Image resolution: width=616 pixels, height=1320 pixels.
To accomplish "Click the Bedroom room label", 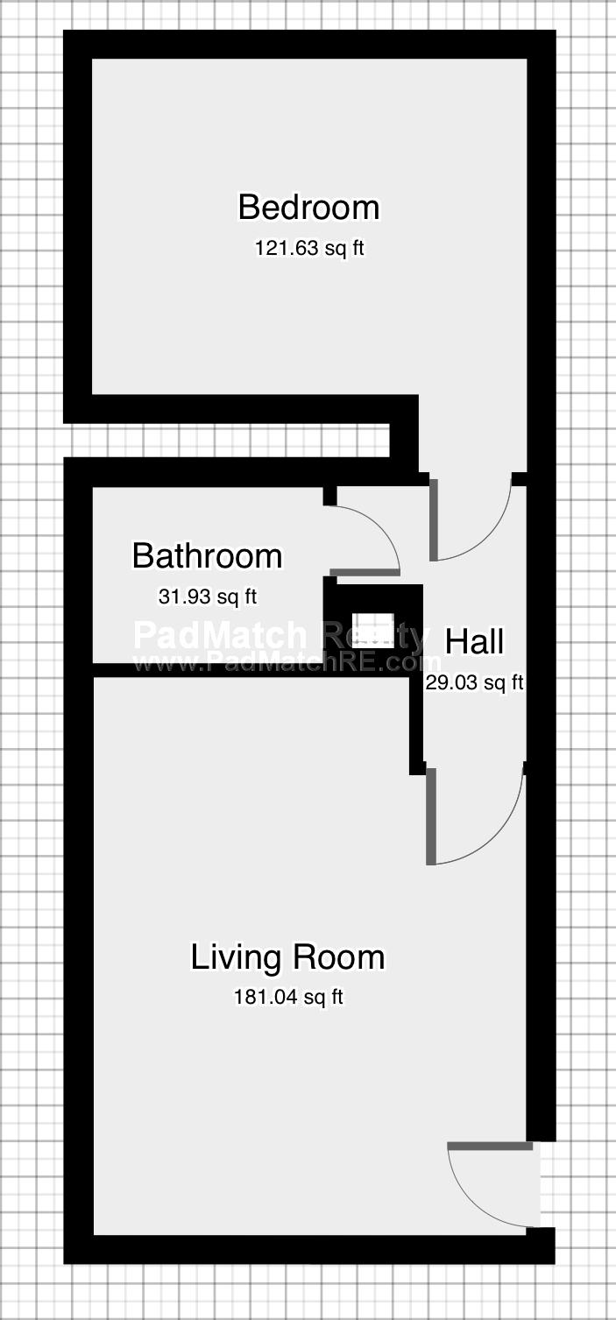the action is click(308, 208).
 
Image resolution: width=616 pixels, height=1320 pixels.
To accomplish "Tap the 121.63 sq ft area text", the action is click(309, 248).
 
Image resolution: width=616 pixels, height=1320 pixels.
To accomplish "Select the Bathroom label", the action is click(207, 555).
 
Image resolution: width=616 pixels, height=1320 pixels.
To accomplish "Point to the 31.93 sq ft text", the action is click(208, 596).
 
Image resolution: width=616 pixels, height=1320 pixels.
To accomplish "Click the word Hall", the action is click(474, 641).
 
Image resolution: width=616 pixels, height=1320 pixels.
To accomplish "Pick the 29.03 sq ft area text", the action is click(475, 682).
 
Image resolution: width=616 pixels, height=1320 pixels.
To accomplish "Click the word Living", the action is click(235, 957).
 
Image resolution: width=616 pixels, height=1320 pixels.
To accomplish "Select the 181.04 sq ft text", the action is click(288, 997).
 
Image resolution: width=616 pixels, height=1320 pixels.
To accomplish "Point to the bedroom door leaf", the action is click(434, 519).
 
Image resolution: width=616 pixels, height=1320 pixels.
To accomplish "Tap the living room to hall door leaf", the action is click(431, 816).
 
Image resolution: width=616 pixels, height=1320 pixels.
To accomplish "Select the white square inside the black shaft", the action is click(372, 630).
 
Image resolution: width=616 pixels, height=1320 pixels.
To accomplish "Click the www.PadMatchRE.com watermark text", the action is click(287, 663).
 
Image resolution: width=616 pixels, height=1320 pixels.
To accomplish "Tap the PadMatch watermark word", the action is click(221, 635).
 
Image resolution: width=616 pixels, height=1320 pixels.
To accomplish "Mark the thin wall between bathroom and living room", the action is click(251, 669).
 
